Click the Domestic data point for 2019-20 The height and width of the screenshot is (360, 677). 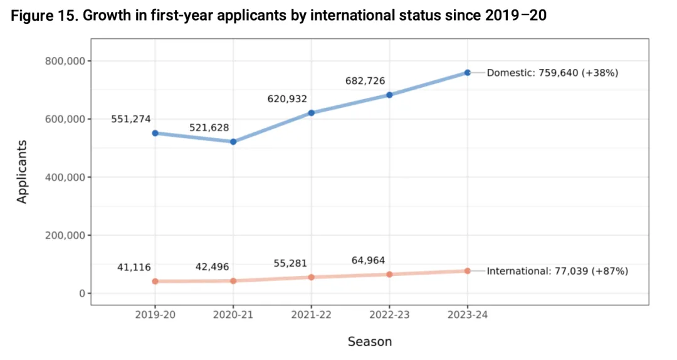tap(155, 133)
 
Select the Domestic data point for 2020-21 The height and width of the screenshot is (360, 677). tap(233, 142)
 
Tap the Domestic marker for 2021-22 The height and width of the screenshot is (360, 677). tap(311, 113)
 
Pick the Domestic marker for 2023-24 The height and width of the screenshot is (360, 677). tap(468, 73)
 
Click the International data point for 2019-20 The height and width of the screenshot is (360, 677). tap(155, 282)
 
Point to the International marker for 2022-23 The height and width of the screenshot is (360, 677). tap(389, 274)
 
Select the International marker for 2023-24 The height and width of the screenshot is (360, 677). tap(468, 271)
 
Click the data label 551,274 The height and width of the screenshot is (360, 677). tap(131, 119)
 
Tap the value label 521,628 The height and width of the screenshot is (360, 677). tap(209, 128)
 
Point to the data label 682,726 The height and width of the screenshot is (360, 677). tap(365, 81)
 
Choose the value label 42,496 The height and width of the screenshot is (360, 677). tap(213, 267)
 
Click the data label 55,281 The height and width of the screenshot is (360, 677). tap(290, 263)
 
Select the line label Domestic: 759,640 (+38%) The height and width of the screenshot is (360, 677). tap(552, 73)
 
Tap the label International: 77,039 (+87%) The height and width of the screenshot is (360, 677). tap(557, 271)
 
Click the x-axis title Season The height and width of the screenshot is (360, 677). tap(370, 342)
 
